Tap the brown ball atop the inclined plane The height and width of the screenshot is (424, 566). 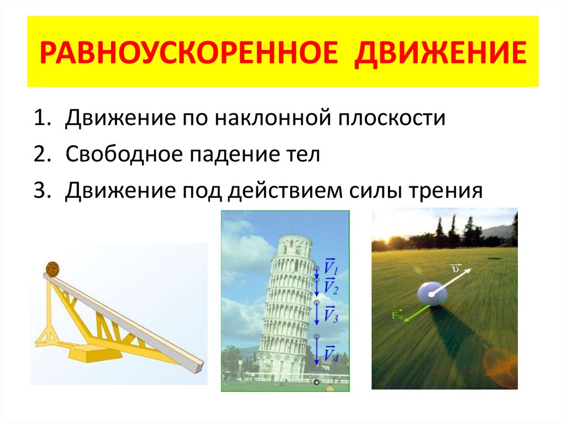[53, 270]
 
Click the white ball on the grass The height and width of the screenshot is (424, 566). [432, 293]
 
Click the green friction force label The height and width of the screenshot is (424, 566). [397, 316]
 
